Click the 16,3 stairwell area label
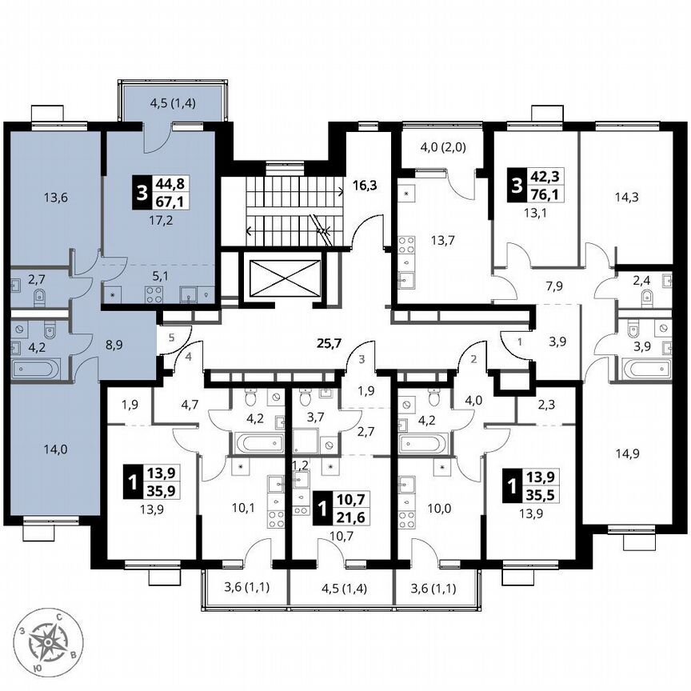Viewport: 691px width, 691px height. [x=365, y=185]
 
